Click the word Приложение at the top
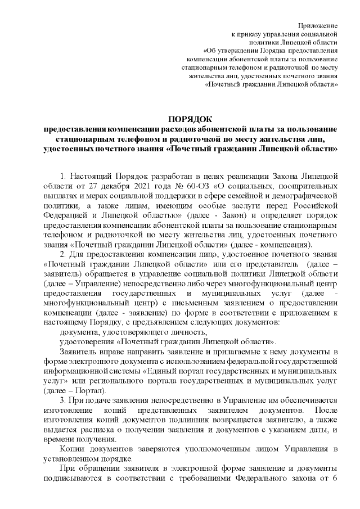tap(318, 26)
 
